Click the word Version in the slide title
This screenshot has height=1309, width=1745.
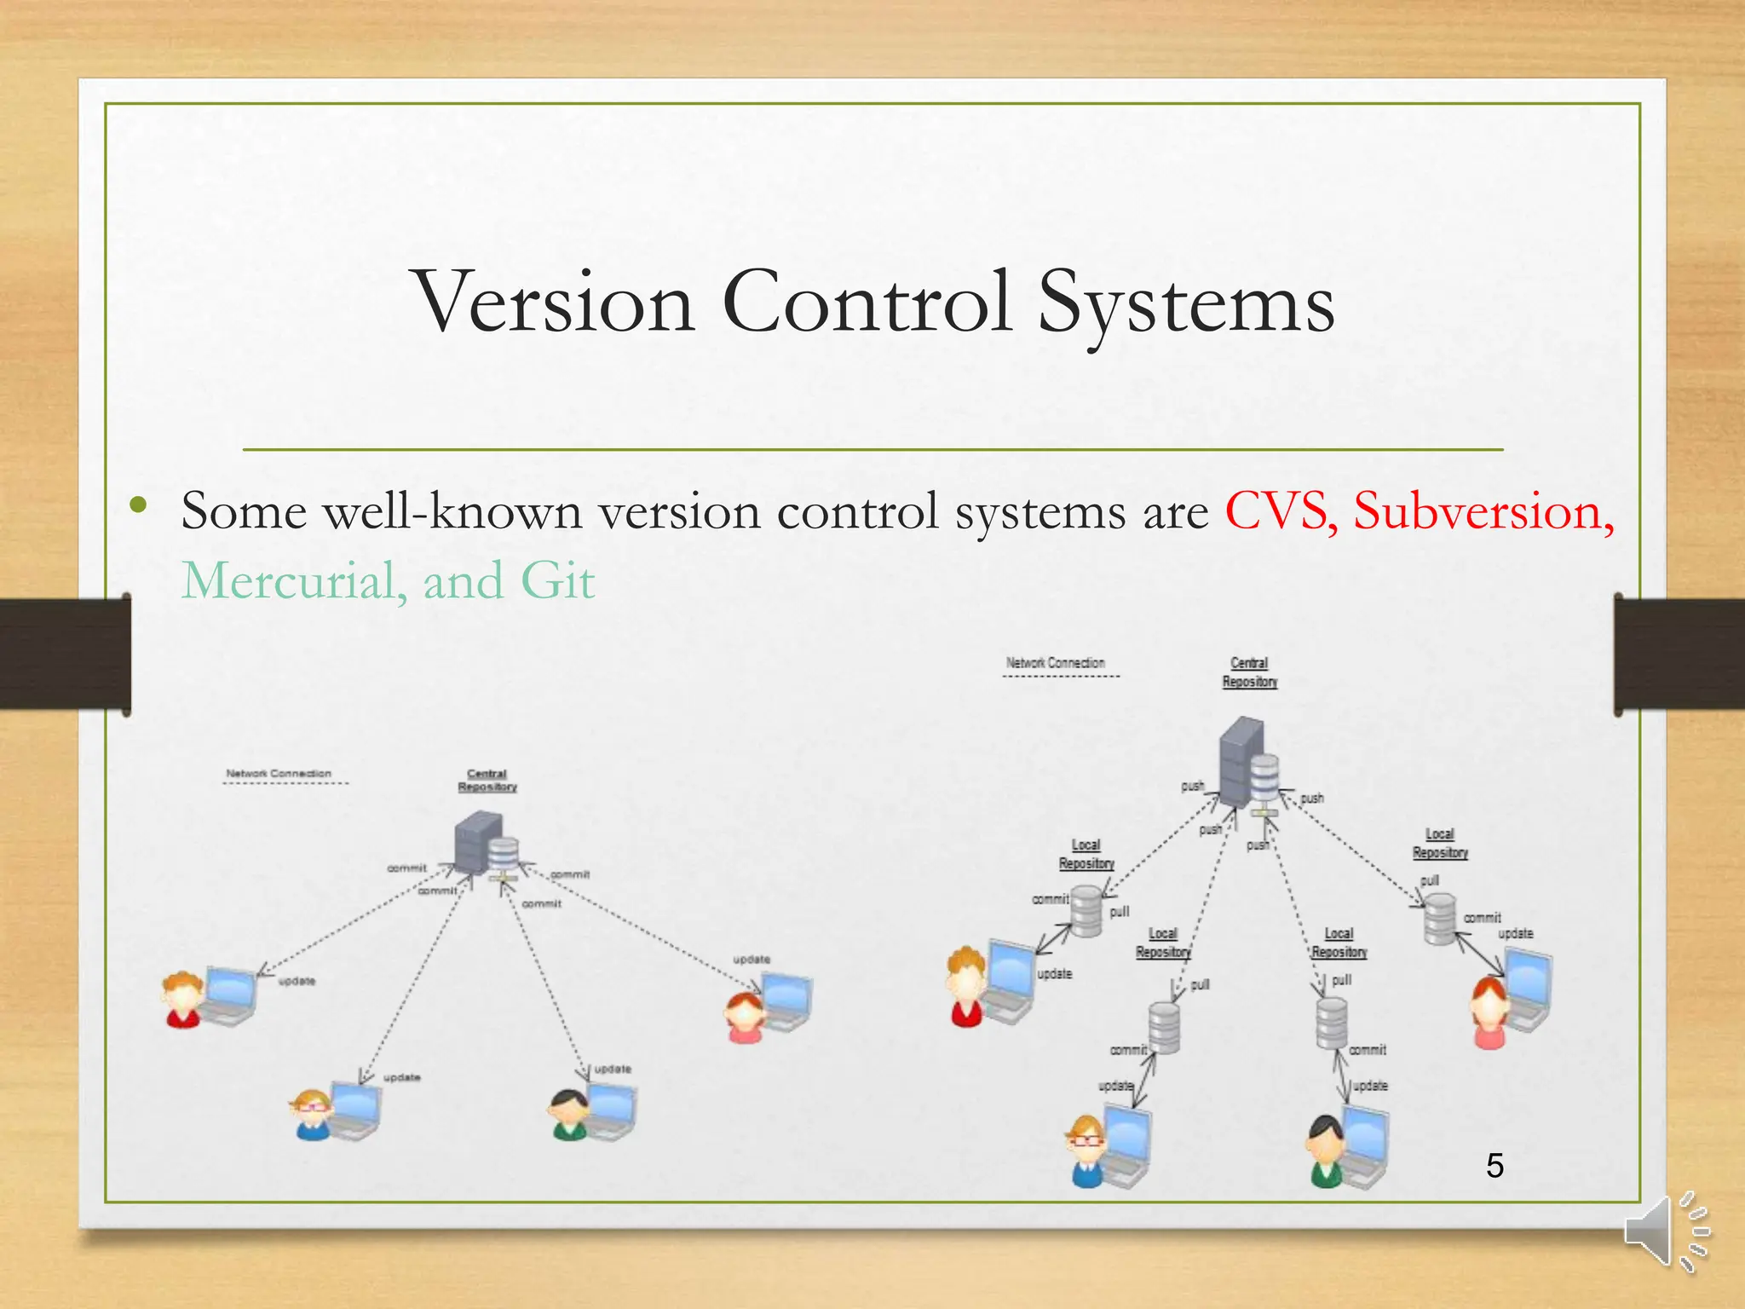click(554, 303)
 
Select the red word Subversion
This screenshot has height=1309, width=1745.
click(1483, 511)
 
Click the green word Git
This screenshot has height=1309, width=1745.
click(557, 581)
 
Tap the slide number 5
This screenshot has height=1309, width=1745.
click(1494, 1165)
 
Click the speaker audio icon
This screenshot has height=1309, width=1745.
click(1666, 1232)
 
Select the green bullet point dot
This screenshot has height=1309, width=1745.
click(139, 506)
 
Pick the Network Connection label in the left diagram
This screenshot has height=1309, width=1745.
click(279, 774)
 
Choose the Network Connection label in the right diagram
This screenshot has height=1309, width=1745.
click(1055, 663)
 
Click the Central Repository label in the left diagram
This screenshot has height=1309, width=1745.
click(487, 781)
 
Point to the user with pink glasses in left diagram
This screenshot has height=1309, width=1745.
click(312, 1113)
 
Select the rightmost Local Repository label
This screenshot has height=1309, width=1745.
click(1440, 843)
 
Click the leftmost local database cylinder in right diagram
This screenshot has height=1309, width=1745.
click(1086, 911)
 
